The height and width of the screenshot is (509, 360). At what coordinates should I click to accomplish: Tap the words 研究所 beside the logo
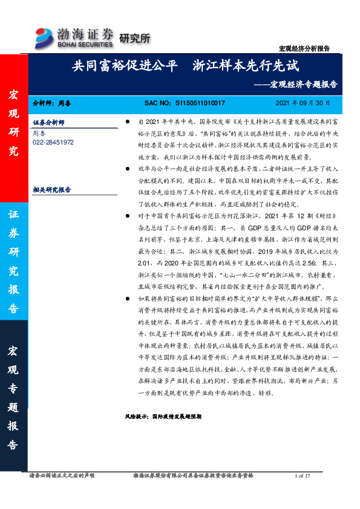133,39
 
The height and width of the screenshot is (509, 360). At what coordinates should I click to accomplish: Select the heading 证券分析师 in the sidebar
49,122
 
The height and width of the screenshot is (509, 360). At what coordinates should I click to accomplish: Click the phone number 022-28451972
53,142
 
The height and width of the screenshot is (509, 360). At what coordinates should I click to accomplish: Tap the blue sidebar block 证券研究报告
13,262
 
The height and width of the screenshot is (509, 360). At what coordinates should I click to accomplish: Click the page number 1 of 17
302,476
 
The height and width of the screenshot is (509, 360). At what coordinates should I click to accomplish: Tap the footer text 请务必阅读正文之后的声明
62,476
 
